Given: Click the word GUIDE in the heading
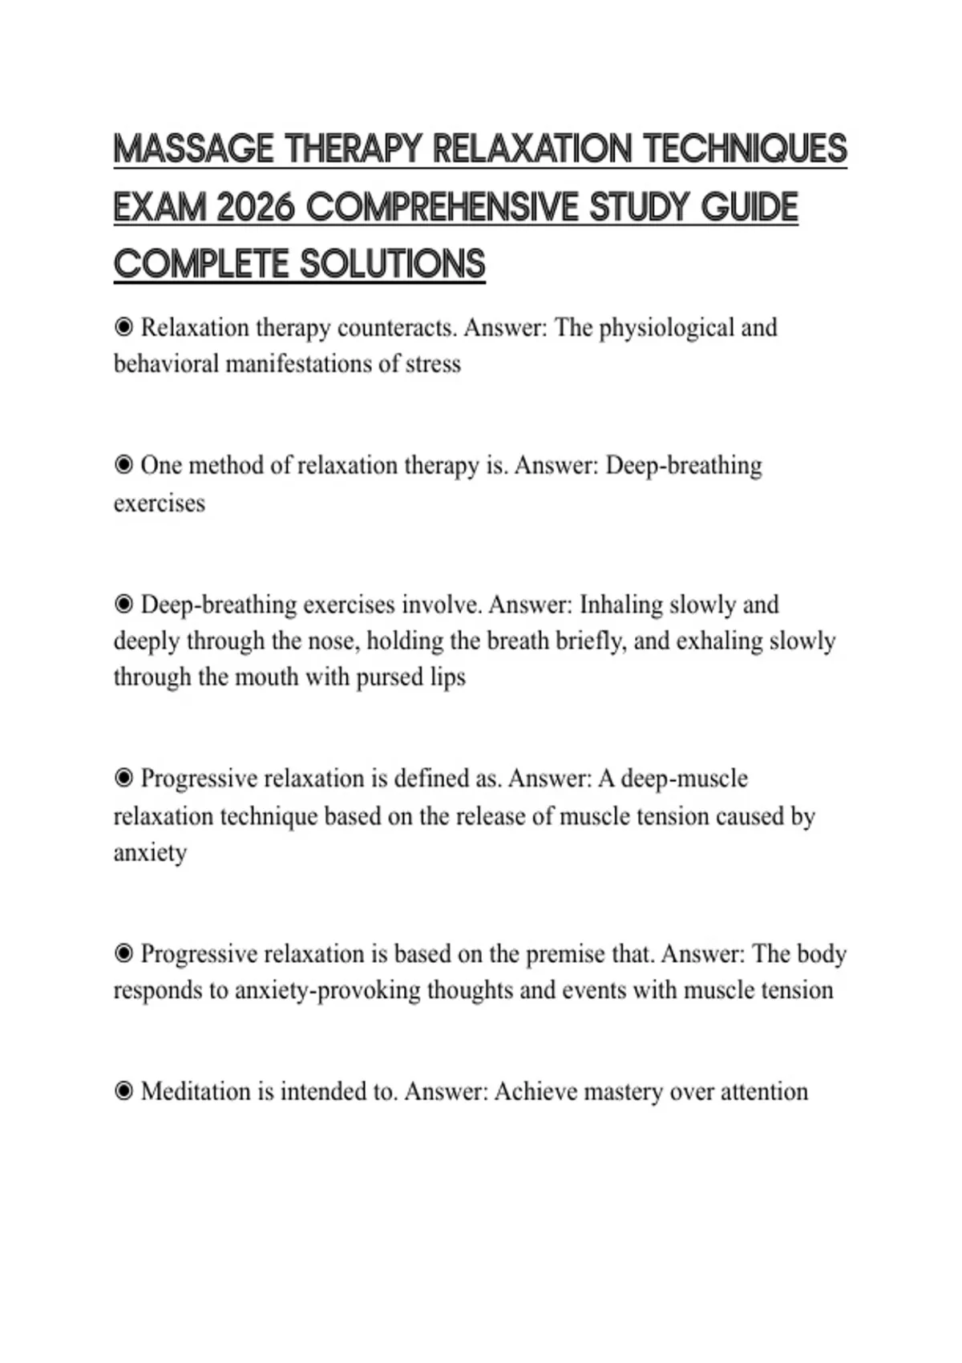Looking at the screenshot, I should (x=750, y=208).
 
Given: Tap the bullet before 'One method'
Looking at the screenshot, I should (x=123, y=466).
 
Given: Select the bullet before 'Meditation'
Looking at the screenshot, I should (x=123, y=1091).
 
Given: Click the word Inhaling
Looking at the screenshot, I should (x=621, y=605).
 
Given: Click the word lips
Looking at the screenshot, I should (x=447, y=677).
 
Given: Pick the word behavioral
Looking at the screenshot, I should (x=166, y=364).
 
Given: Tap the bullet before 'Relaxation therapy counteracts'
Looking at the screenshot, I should (x=123, y=328).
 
